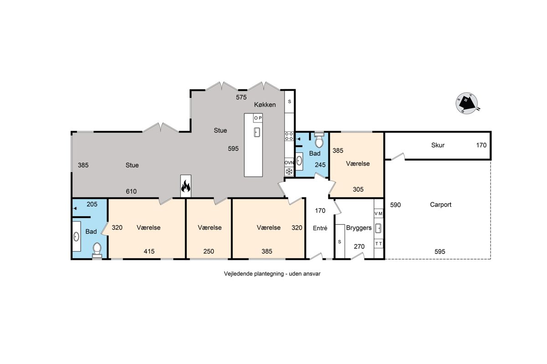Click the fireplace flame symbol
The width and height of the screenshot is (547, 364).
(186, 186)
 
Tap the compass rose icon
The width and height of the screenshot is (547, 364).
(467, 103)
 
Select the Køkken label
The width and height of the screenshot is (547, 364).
(265, 105)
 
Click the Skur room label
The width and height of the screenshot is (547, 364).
(438, 145)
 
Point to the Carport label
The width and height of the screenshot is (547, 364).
(440, 205)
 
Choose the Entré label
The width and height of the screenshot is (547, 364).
(320, 228)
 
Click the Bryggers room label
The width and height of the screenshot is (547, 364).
(359, 228)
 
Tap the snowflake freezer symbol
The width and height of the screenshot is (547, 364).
(289, 171)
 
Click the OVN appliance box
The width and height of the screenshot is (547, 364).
(289, 162)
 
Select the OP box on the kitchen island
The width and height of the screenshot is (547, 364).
(258, 118)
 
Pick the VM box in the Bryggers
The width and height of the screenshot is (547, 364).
(378, 213)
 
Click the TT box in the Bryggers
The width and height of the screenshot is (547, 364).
(378, 243)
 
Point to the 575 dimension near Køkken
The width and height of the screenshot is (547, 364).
(241, 97)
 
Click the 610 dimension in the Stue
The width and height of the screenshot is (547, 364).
(131, 192)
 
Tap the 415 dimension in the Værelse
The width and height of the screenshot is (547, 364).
(149, 251)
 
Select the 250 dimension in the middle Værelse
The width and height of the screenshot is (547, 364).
(209, 251)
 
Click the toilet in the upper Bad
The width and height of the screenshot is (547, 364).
(319, 140)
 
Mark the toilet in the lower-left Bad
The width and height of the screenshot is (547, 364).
(97, 250)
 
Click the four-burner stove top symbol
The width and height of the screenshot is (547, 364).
(289, 136)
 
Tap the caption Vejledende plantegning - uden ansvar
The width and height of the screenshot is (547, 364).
(272, 274)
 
